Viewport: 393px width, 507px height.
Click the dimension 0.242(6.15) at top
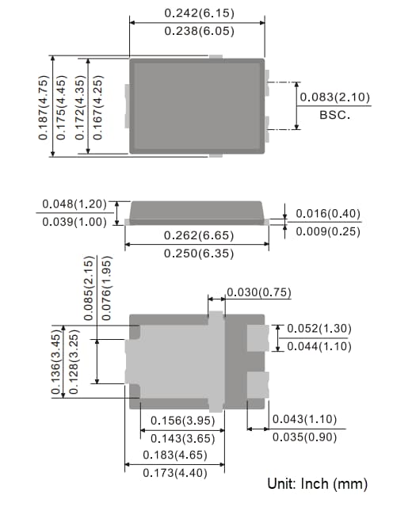(198, 13)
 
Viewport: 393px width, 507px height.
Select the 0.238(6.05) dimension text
(198, 31)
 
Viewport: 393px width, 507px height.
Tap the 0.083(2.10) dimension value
(334, 97)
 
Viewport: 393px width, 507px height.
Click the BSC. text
(334, 115)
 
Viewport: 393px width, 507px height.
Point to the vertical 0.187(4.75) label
(44, 107)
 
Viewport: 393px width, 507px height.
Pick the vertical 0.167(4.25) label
(97, 107)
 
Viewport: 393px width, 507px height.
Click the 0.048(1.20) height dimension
(74, 205)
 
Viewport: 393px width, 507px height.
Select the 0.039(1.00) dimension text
(74, 222)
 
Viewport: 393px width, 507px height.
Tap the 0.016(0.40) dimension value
(328, 214)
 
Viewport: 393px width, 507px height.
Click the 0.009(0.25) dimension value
(328, 231)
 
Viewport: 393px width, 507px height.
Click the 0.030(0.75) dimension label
(259, 293)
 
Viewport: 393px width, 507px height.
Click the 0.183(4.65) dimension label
(176, 456)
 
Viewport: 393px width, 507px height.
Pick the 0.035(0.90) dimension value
(304, 436)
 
